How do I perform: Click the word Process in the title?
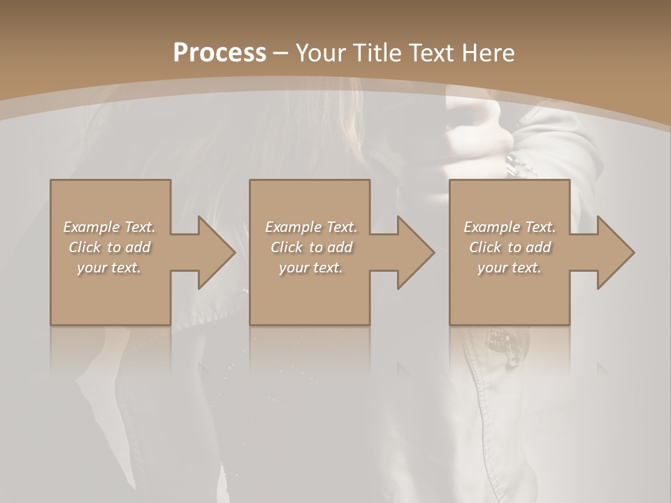coord(219,53)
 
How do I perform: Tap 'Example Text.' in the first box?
coord(109,227)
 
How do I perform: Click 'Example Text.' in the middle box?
coord(311,227)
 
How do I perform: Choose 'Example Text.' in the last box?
coord(510,227)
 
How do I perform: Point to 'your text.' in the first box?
coord(109,268)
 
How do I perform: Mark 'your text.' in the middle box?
coord(311,268)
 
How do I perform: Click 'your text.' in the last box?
coord(510,268)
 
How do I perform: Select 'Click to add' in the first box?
coord(109,247)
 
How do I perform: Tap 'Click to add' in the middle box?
coord(311,247)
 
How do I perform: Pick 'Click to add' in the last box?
coord(510,247)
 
